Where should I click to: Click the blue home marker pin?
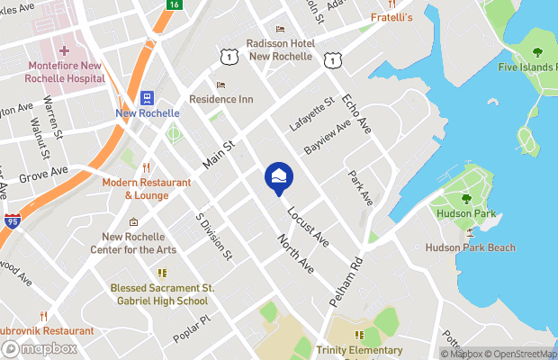click(x=279, y=177)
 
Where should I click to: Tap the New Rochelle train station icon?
click(x=147, y=98)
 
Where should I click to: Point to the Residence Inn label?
click(x=220, y=98)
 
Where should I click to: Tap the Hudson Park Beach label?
click(x=471, y=247)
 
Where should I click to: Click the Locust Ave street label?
click(x=308, y=228)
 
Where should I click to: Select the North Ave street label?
click(x=295, y=253)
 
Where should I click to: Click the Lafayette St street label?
click(x=312, y=114)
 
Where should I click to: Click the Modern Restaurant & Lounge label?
click(x=147, y=188)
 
